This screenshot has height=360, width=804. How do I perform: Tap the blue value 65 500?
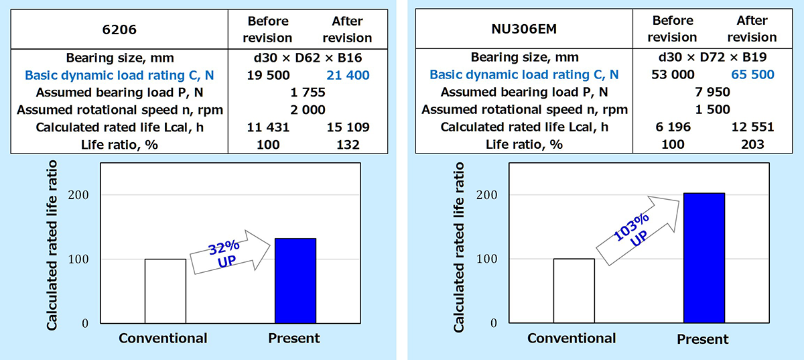coord(751,74)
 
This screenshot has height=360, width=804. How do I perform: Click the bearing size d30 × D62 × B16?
coord(308,58)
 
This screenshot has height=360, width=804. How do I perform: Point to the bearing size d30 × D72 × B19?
coord(712,57)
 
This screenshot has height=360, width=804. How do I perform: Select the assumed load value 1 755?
coord(307,93)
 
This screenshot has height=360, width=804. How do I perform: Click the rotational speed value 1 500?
coord(712,109)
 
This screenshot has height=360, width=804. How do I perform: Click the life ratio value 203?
coord(751,144)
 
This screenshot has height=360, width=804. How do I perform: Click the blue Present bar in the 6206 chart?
coord(295,280)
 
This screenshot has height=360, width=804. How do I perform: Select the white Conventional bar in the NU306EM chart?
coord(574,290)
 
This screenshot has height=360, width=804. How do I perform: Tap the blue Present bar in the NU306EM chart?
coord(703,257)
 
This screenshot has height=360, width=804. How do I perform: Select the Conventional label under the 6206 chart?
coord(163,338)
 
